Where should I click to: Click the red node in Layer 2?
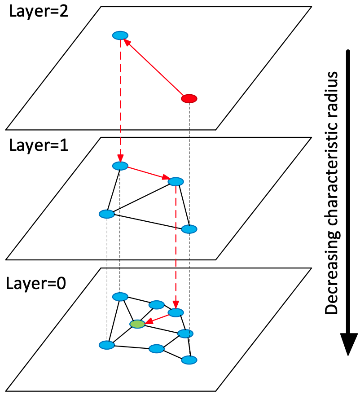pyautogui.click(x=189, y=98)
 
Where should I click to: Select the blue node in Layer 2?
pyautogui.click(x=120, y=35)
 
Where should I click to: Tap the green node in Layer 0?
pyautogui.click(x=137, y=324)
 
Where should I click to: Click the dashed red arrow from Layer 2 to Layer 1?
pyautogui.click(x=120, y=99)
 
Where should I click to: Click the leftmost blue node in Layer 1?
pyautogui.click(x=107, y=214)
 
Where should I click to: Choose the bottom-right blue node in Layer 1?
pyautogui.click(x=189, y=229)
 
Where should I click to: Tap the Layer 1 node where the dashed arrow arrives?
pyautogui.click(x=120, y=166)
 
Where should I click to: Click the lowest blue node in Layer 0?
pyautogui.click(x=189, y=360)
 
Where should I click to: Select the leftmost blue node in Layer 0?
pyautogui.click(x=107, y=345)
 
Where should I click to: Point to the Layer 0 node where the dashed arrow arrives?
pyautogui.click(x=176, y=312)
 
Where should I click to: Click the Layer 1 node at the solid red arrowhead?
pyautogui.click(x=176, y=182)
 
